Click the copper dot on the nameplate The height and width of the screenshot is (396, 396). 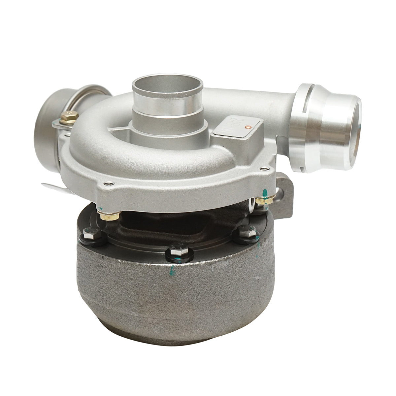[x=248, y=126]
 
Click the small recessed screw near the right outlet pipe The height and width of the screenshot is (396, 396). [x=263, y=169]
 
